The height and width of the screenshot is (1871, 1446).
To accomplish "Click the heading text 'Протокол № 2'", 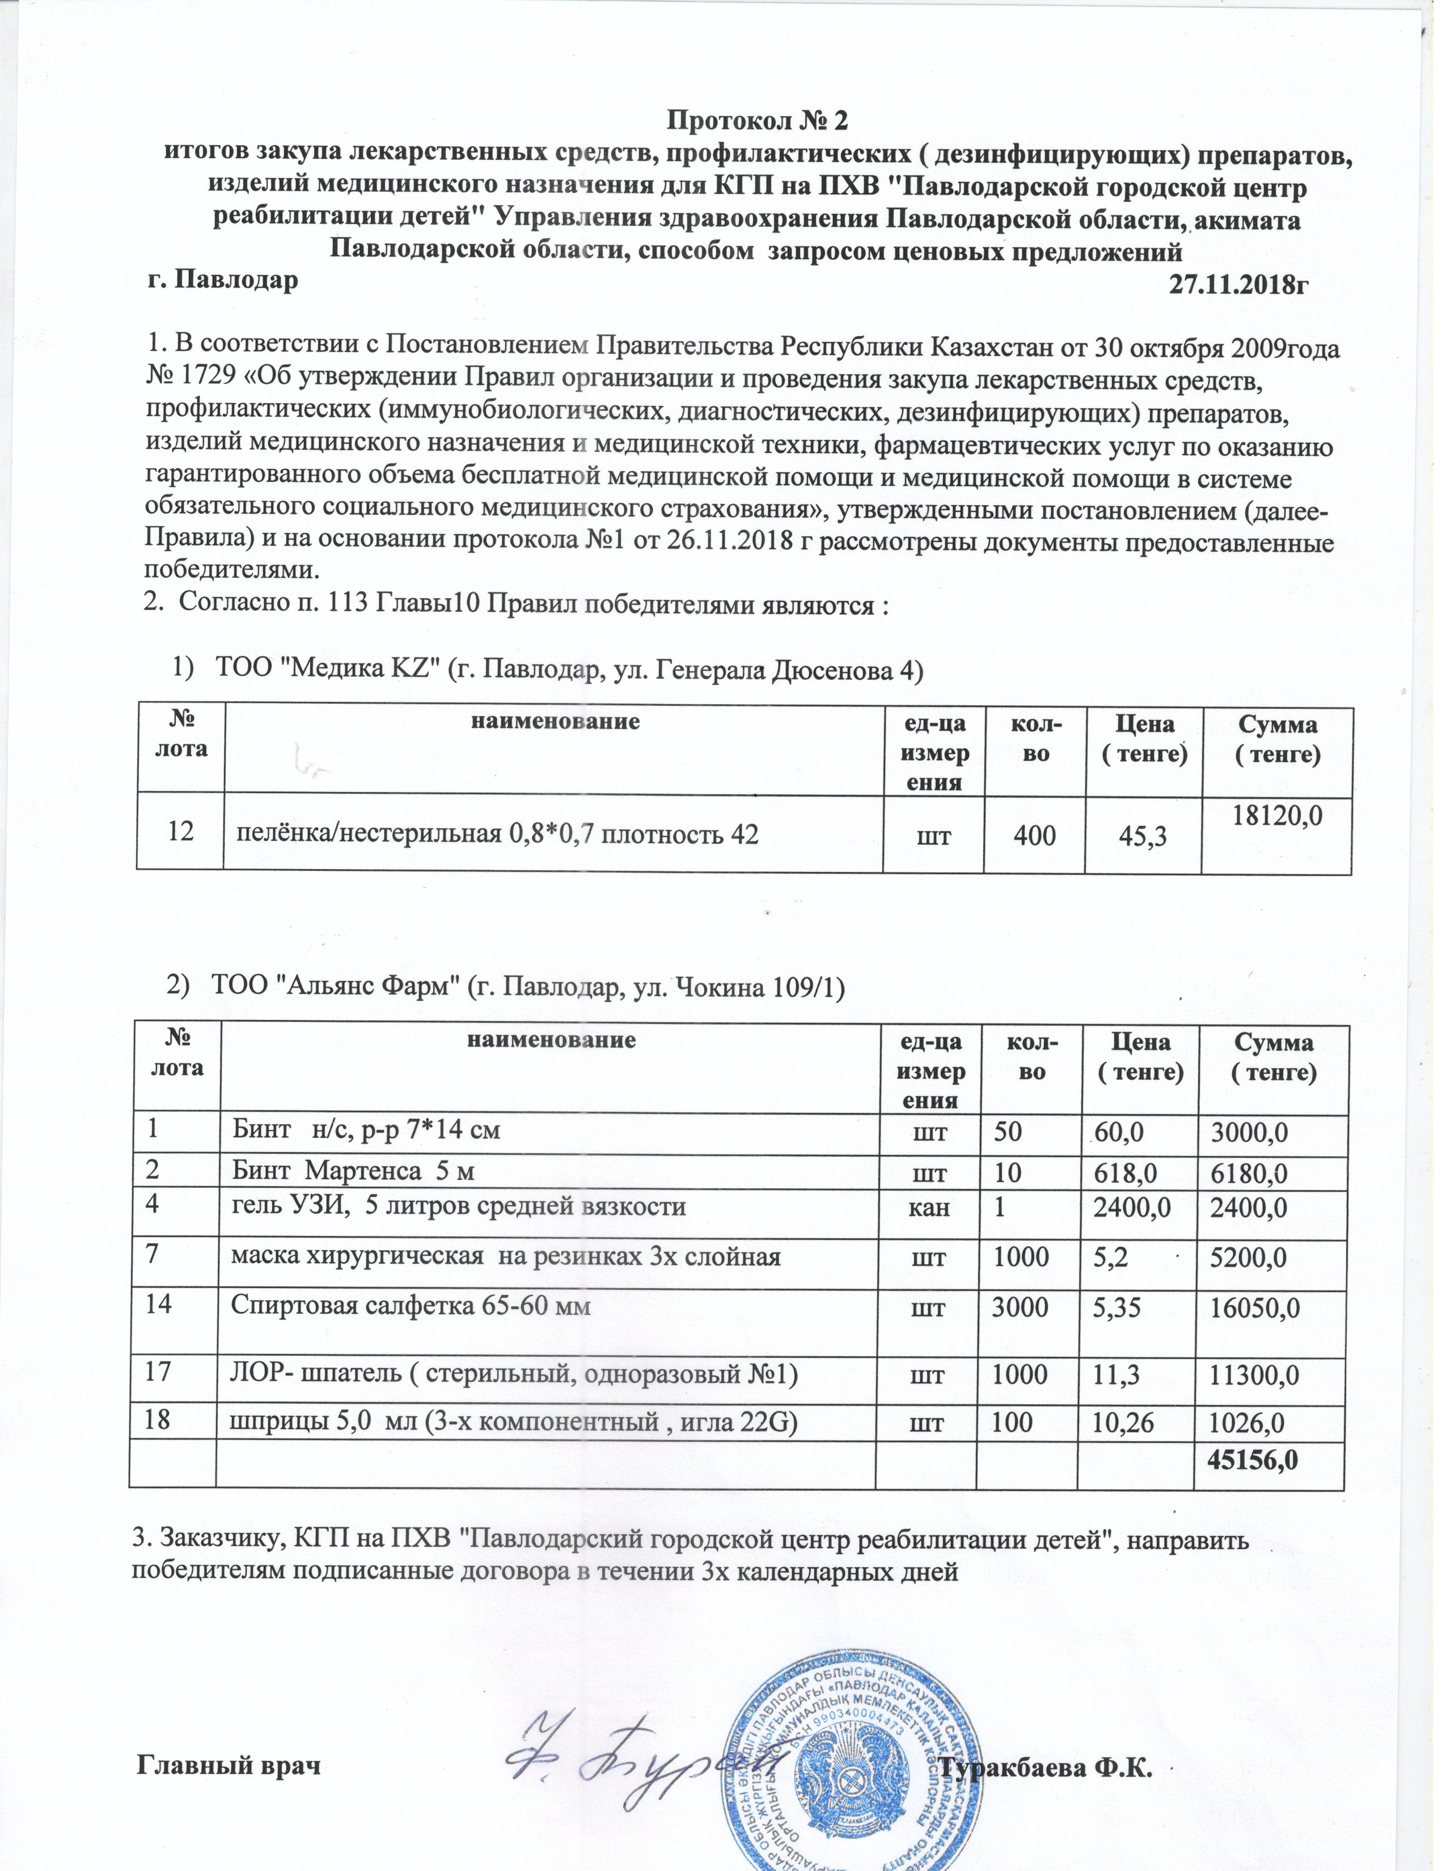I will [756, 120].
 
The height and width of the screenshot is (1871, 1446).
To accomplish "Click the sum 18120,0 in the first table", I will [1277, 815].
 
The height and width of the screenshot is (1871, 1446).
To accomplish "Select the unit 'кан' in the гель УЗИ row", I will [931, 1207].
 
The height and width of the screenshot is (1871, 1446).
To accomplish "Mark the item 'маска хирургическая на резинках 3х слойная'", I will [505, 1257].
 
